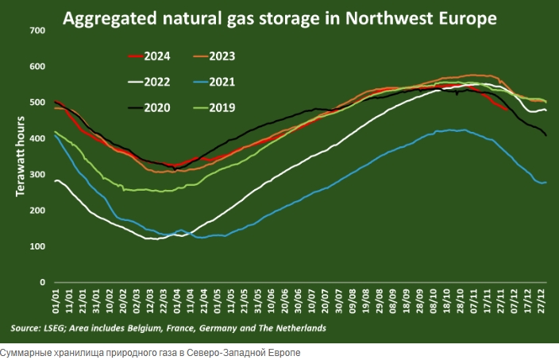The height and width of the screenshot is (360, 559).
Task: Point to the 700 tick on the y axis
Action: point(37,30)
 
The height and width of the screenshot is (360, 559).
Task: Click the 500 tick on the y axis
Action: point(37,103)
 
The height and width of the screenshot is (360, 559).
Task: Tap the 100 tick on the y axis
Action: point(37,246)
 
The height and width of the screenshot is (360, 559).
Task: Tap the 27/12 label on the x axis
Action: point(543,303)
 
